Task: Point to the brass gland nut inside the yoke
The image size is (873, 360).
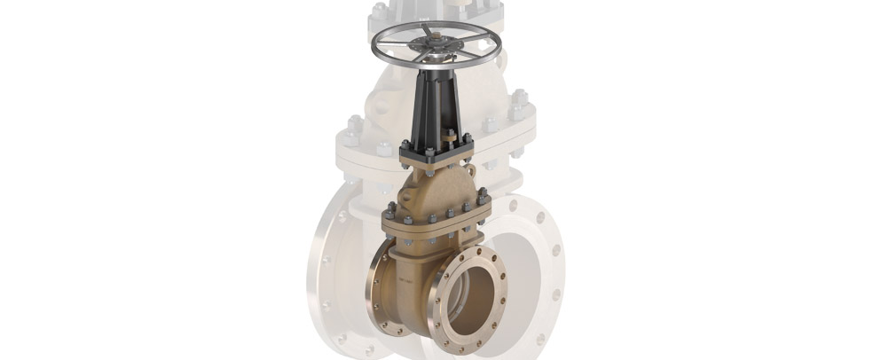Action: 445,139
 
